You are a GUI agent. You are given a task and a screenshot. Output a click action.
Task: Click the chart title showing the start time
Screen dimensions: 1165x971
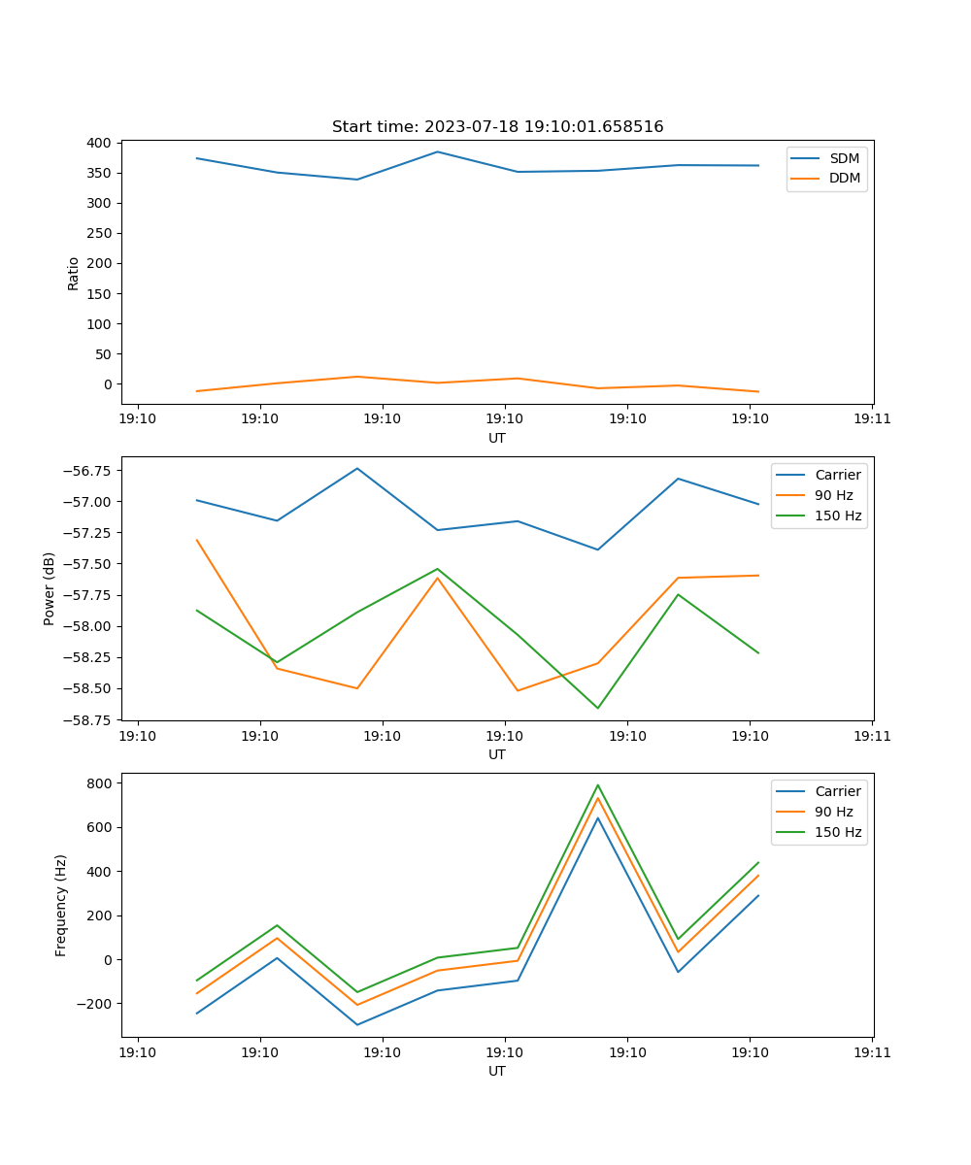[x=497, y=127]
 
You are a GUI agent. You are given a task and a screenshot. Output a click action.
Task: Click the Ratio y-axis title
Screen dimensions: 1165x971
[x=74, y=273]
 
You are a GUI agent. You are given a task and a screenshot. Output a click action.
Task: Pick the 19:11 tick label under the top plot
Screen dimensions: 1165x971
[x=872, y=418]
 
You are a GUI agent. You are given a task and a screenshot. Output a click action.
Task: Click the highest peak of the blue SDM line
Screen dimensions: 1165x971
[x=437, y=151]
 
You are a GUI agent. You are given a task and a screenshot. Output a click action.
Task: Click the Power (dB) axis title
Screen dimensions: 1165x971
[x=50, y=588]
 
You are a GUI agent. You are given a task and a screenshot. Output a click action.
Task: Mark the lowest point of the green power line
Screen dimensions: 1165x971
[x=597, y=708]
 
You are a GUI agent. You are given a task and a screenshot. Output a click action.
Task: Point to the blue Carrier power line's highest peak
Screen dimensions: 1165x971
[x=357, y=468]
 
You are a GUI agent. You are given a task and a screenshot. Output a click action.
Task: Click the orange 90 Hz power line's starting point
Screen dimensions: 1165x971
[x=197, y=540]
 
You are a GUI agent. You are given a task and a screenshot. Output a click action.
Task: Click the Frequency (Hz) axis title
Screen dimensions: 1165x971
[x=61, y=905]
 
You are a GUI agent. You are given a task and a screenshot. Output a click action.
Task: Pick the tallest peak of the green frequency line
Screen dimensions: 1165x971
[x=597, y=784]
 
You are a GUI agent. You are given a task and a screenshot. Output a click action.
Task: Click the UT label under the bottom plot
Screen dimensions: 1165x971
[x=497, y=1071]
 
